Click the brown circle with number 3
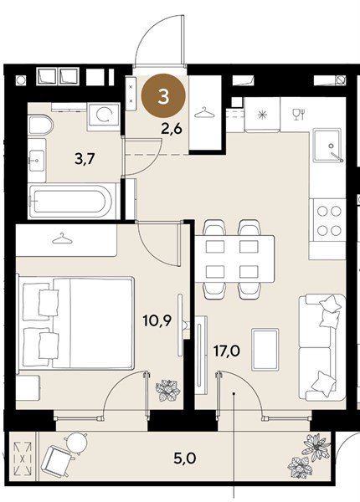[163, 96]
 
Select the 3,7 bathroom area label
[85, 158]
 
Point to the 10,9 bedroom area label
[157, 320]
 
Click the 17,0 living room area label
[227, 351]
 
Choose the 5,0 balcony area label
[184, 458]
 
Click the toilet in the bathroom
[40, 125]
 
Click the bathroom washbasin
[37, 160]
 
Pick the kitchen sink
[328, 145]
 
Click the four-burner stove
[329, 221]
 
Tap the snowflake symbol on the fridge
[262, 115]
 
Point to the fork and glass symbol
[299, 115]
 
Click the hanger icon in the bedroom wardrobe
[62, 238]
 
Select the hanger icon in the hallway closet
[204, 112]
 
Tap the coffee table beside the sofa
[265, 349]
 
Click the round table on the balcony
[76, 441]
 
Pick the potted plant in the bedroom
[167, 390]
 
